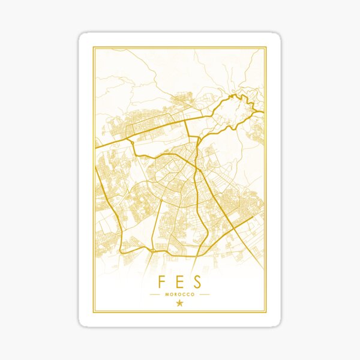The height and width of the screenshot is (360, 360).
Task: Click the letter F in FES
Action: pos(162,282)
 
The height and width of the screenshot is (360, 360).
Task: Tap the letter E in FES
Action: pos(179,282)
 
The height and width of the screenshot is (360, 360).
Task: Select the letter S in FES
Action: pos(197,282)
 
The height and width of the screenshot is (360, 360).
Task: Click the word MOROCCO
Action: pos(179,295)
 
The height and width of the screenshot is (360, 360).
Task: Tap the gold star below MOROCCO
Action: pos(179,304)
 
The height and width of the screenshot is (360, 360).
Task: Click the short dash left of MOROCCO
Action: pos(155,295)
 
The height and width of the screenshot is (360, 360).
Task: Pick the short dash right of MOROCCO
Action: pos(204,295)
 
